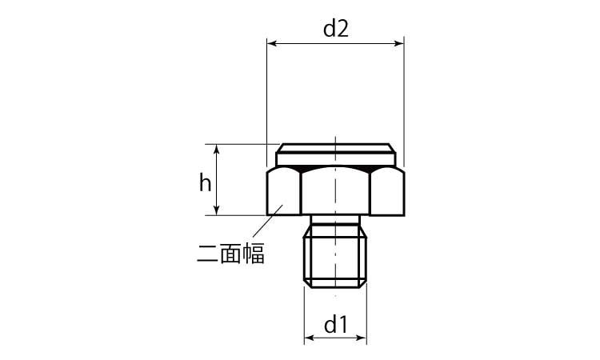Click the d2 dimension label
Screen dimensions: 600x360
[335, 29]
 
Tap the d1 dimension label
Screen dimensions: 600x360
[335, 325]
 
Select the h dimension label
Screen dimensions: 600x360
[205, 182]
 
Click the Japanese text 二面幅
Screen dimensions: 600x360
[230, 254]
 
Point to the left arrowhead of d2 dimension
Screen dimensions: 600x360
[272, 44]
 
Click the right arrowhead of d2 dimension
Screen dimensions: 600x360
[399, 44]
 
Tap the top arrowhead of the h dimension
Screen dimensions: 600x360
[217, 150]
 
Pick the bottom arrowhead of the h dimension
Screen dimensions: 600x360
[217, 210]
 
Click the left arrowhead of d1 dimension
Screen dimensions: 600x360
[309, 338]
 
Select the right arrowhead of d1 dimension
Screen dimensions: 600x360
[362, 338]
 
